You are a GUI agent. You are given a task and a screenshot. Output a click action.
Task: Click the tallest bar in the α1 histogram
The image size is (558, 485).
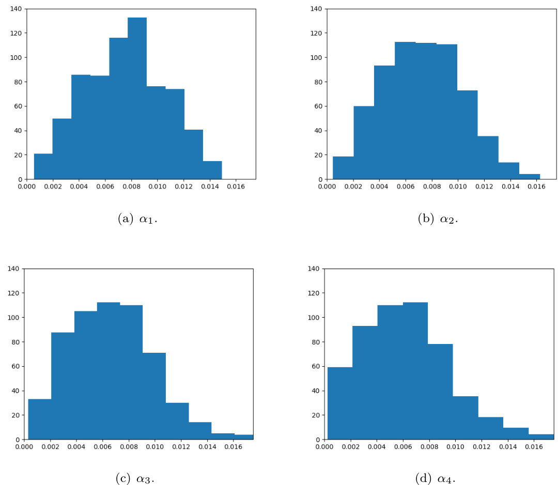point(137,98)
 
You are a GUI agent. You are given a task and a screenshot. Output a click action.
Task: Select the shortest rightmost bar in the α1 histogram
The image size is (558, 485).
point(212,170)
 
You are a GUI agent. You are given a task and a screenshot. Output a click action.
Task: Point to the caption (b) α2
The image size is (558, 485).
point(438,218)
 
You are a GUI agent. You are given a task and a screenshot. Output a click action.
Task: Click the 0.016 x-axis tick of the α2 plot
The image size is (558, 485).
point(537,186)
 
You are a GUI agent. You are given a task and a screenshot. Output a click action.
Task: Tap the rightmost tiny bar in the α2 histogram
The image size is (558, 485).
point(530,177)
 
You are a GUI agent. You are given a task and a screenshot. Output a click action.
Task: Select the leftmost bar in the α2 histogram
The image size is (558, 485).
point(343,168)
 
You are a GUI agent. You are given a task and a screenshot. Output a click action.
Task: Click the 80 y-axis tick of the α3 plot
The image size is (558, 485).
point(15,342)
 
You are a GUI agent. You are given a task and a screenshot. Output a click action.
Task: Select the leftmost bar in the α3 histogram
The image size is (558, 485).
point(39,419)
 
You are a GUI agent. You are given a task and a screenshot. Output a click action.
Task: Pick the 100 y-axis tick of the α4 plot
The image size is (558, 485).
point(315,317)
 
